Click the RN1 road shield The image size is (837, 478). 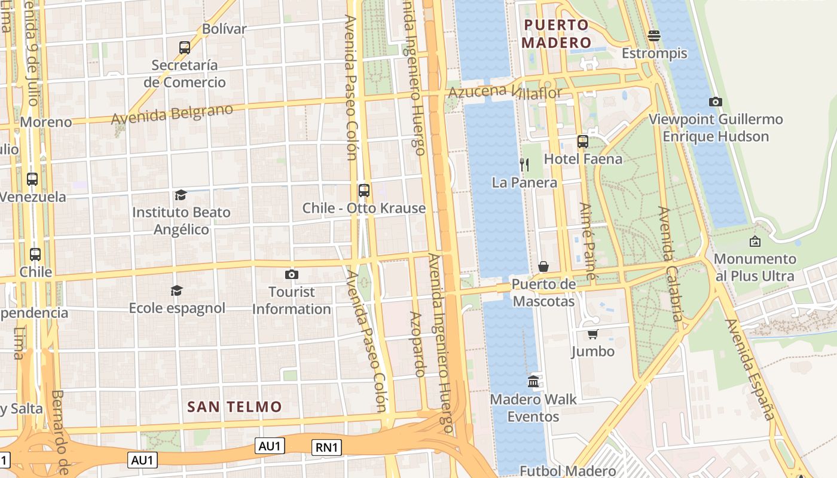[326, 448]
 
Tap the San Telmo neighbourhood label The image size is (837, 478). [234, 407]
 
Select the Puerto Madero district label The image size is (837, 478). [556, 34]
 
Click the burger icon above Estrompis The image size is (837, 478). [654, 36]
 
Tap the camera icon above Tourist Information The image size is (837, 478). [292, 275]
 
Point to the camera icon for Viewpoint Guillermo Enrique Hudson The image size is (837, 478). [715, 102]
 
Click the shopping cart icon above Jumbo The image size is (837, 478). [592, 334]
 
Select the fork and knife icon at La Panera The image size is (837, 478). [524, 165]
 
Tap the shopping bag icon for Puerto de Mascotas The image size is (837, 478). [543, 266]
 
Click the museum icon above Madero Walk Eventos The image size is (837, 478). [533, 381]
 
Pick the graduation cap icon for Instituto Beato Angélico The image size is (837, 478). [181, 195]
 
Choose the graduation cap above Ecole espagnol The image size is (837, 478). [176, 290]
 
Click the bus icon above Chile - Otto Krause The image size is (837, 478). [363, 191]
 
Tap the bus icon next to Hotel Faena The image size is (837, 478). [583, 142]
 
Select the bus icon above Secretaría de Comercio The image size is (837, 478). [185, 47]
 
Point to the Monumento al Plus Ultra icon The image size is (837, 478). [755, 241]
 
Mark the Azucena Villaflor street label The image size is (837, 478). [505, 92]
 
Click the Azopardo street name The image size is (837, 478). [417, 344]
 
